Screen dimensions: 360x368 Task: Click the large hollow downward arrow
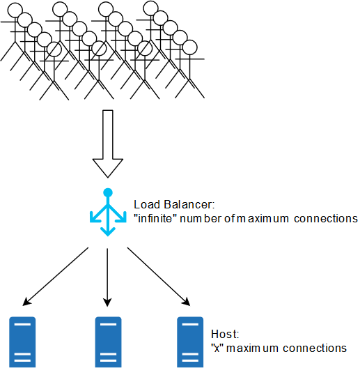point(108,144)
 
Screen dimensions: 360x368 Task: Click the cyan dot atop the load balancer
point(108,192)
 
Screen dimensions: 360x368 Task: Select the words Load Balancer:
point(174,205)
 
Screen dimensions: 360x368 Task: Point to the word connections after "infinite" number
point(326,219)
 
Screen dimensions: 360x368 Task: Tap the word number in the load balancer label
point(200,219)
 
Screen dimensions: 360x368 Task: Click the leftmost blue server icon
point(22,342)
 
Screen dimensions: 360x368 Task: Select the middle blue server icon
point(108,342)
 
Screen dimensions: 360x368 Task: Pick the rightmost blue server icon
point(190,342)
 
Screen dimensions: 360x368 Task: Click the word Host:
point(225,334)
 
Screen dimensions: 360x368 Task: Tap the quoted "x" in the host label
point(217,348)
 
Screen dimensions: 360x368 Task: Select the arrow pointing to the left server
point(55,277)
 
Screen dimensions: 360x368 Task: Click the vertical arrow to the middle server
point(107,277)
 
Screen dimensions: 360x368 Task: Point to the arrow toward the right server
point(159,277)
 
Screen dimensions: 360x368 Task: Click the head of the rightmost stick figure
point(189,47)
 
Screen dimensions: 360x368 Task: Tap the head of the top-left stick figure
point(15,10)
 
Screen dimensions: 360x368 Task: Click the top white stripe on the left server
point(22,324)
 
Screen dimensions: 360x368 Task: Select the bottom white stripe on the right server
point(190,360)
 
